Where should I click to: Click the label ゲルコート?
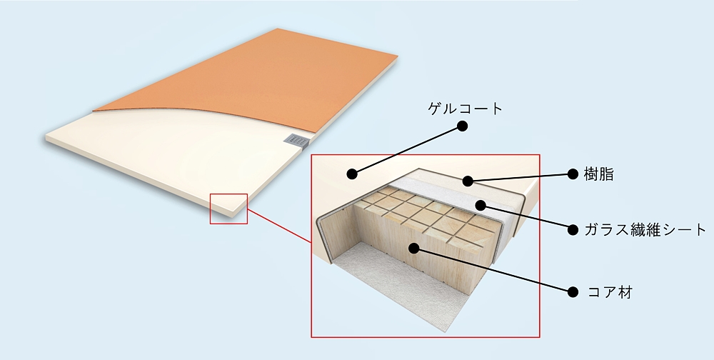coord(465,109)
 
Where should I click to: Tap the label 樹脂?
coord(598,174)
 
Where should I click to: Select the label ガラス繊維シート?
coord(645,230)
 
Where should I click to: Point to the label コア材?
coord(610,291)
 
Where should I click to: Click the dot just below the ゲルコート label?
coord(462,126)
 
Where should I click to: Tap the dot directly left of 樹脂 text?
coord(573,174)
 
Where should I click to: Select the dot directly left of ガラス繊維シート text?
coord(573,230)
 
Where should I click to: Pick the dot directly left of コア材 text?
coord(573,291)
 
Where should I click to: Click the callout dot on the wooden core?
coord(413,248)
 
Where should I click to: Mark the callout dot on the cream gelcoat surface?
coord(351,174)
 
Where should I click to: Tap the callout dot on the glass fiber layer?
coord(481,205)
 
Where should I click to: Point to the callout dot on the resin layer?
coord(468,181)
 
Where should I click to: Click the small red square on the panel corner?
coord(228,209)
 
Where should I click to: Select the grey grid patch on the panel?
coord(296,140)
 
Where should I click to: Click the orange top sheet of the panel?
coord(255,77)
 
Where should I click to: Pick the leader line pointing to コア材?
coord(493,270)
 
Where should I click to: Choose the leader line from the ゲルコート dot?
coord(407,150)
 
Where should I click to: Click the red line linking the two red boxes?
coord(279,226)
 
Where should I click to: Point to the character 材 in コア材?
coord(625,291)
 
